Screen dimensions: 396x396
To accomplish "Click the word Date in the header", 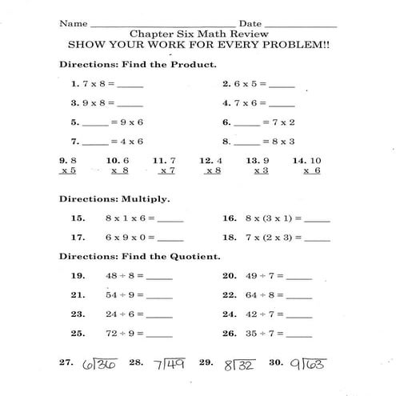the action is tap(250, 24).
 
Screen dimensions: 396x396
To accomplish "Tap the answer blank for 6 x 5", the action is tap(282, 85).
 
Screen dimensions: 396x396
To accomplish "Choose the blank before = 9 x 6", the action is tap(94, 124).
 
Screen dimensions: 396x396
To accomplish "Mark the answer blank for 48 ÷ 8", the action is tap(159, 277).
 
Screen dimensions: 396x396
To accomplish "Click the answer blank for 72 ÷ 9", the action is tap(159, 334).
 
